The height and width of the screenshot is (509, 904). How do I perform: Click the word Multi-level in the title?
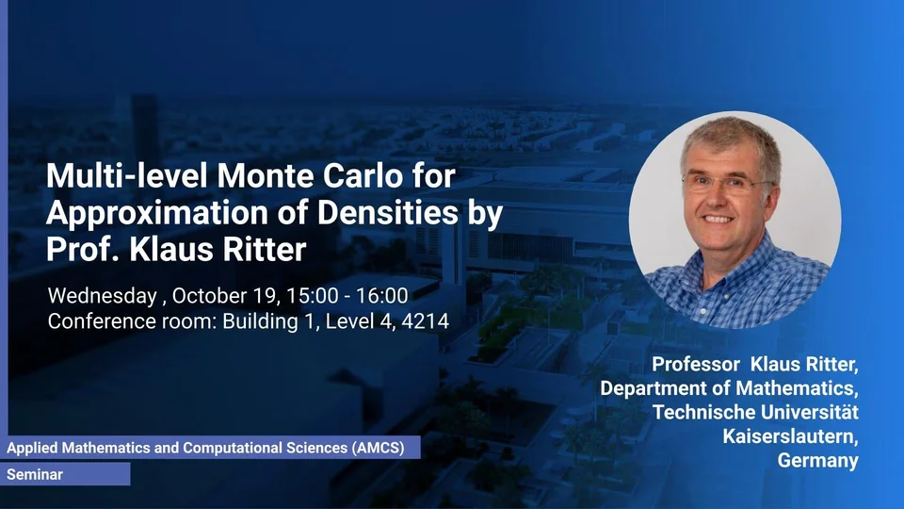point(126,175)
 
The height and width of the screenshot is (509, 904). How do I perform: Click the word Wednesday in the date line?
point(102,296)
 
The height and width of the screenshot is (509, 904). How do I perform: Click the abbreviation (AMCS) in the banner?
point(379,448)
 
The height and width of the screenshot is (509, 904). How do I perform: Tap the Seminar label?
point(35,474)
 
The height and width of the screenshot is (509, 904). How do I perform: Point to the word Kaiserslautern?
point(790,436)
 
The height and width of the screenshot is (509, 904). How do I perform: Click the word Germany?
point(817,461)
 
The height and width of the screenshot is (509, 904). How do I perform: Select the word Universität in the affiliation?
point(809,412)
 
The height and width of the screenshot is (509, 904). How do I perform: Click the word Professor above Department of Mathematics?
point(696,364)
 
